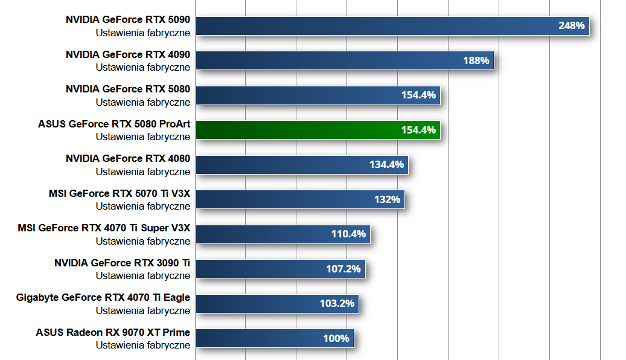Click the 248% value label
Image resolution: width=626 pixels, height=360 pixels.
click(571, 26)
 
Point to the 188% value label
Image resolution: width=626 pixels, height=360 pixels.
click(476, 60)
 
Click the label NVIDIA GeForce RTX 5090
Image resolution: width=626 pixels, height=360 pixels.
click(128, 20)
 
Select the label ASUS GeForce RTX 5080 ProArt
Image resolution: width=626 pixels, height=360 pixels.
click(114, 124)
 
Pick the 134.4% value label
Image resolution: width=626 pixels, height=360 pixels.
click(386, 164)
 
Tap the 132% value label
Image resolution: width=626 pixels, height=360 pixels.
click(387, 199)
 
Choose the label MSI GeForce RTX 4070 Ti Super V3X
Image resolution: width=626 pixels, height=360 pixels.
click(104, 228)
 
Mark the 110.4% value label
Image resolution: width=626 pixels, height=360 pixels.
click(348, 234)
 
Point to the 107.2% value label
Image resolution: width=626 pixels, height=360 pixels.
click(343, 269)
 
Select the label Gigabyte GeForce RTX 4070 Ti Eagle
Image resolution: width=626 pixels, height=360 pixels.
click(103, 298)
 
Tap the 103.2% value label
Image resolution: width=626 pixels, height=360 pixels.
click(337, 303)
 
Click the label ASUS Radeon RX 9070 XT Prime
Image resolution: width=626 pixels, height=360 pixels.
click(113, 332)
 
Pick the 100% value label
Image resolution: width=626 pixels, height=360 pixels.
click(336, 338)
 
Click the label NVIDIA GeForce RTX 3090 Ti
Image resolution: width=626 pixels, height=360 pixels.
click(122, 263)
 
